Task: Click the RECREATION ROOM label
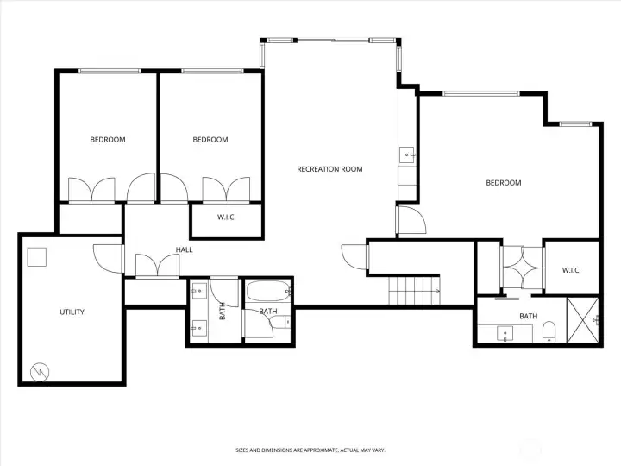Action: pos(329,169)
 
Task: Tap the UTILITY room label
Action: pos(72,312)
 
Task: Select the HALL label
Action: pos(184,250)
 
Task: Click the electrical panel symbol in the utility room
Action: pos(40,372)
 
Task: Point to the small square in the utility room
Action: pos(35,256)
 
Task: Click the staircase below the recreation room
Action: pos(413,291)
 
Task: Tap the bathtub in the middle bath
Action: pos(267,294)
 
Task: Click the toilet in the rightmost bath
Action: pos(549,333)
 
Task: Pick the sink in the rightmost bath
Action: pos(505,332)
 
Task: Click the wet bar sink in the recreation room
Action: pos(406,155)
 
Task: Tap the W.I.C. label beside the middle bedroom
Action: pos(226,217)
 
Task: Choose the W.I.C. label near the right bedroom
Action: pos(571,270)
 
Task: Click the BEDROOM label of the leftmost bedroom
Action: pos(108,140)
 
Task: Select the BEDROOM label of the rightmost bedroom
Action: pos(503,182)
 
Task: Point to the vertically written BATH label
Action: pos(223,311)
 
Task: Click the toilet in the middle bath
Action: pos(278,322)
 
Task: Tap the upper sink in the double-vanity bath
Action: pos(199,290)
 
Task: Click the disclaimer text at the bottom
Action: pos(310,450)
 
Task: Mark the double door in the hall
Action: pos(151,266)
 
